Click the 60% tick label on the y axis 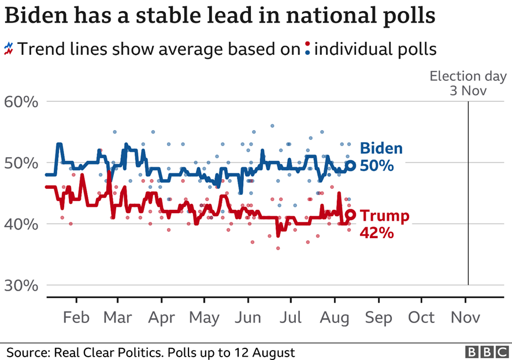(22, 103)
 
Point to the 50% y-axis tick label (22, 164)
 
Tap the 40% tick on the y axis (22, 224)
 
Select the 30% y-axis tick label (22, 285)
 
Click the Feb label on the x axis (76, 318)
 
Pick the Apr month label (162, 318)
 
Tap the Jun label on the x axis (248, 318)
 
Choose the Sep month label (379, 318)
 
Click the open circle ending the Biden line (351, 165)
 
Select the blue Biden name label (381, 149)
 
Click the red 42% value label (377, 233)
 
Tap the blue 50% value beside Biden (377, 166)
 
